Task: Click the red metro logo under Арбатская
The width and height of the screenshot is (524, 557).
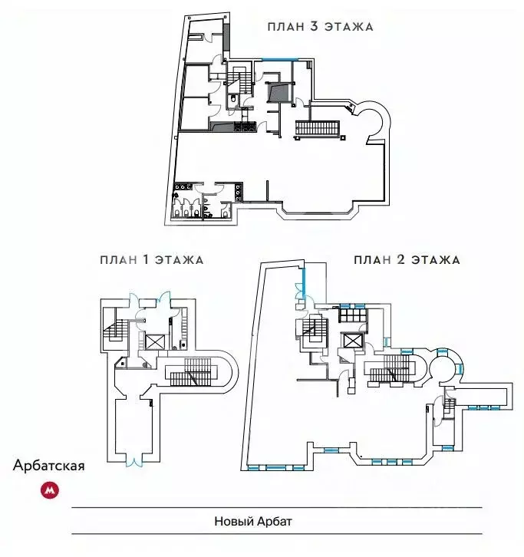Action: (50, 490)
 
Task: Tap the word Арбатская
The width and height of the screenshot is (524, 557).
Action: (48, 466)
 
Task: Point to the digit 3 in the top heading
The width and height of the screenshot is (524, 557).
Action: (314, 27)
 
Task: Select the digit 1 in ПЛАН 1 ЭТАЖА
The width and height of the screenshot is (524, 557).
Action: (146, 259)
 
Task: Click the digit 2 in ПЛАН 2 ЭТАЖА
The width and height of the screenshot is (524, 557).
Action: (400, 259)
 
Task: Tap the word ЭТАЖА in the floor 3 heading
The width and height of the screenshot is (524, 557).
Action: (349, 27)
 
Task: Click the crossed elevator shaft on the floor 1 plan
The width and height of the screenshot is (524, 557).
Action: (156, 342)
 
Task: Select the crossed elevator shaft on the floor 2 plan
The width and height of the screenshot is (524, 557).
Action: (352, 341)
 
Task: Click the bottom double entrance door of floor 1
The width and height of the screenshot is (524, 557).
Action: (134, 460)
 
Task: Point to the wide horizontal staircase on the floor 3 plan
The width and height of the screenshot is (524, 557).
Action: (318, 128)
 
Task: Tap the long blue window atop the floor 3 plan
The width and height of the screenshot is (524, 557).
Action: (280, 58)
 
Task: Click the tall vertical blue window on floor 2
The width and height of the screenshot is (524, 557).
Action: (304, 283)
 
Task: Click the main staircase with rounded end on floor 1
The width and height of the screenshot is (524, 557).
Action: (198, 372)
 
